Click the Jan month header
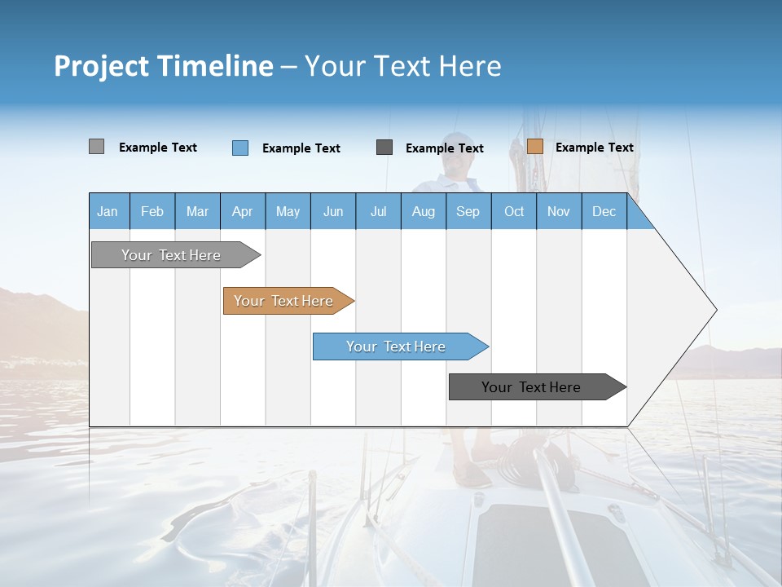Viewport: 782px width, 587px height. click(x=108, y=211)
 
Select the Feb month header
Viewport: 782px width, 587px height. click(x=152, y=211)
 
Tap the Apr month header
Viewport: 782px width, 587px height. click(x=242, y=211)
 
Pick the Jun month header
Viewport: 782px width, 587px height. click(x=333, y=211)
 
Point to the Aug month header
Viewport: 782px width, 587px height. click(x=423, y=211)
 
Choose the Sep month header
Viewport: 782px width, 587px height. click(x=468, y=211)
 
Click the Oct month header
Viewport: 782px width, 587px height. click(x=514, y=211)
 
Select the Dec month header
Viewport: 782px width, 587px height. click(x=604, y=211)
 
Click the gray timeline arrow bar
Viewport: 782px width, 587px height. click(x=171, y=255)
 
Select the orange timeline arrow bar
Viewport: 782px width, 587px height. click(x=283, y=301)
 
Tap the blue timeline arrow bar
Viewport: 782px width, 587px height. click(x=396, y=346)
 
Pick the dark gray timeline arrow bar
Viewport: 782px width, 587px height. click(x=531, y=387)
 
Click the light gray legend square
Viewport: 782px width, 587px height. click(x=96, y=147)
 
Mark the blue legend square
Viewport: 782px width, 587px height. click(x=240, y=148)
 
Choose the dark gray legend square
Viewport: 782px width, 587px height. click(x=384, y=147)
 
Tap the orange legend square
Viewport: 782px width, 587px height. click(x=534, y=147)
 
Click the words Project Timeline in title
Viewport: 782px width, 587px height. click(x=164, y=66)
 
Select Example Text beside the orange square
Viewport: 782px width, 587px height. click(x=594, y=147)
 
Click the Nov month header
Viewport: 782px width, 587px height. click(x=559, y=211)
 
